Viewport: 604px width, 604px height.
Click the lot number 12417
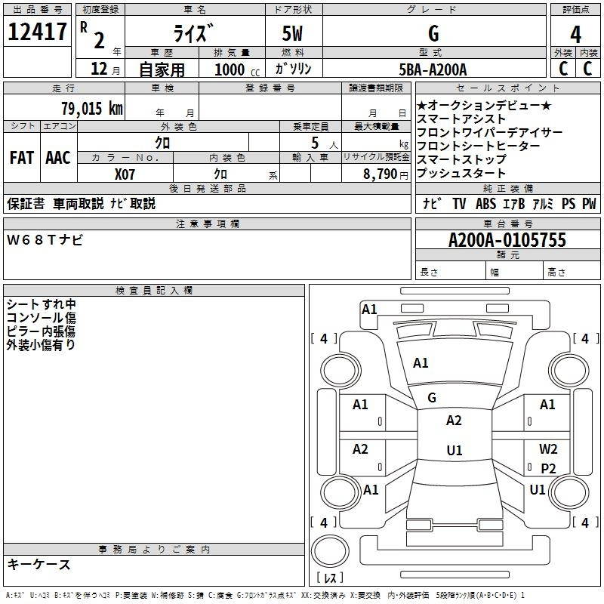[37, 32]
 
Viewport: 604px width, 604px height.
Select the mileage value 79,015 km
[92, 108]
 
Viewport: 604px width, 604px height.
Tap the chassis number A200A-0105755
[507, 240]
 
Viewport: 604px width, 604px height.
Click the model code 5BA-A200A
[433, 69]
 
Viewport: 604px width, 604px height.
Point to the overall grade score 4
[575, 34]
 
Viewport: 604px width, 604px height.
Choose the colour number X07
[125, 174]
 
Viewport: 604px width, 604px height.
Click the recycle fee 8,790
[381, 174]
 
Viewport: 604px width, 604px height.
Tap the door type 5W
[292, 33]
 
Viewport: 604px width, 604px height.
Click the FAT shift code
[22, 158]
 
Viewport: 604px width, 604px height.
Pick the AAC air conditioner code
[58, 158]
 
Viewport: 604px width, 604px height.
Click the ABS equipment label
[485, 204]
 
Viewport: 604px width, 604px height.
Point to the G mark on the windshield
[432, 398]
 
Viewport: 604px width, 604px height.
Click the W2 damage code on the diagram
[548, 448]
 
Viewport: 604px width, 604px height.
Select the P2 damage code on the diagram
[548, 468]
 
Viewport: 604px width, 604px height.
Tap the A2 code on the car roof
[454, 421]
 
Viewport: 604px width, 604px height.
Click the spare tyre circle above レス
[330, 550]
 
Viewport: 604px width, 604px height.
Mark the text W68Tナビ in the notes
[45, 240]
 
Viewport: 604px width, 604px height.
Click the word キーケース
[39, 565]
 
